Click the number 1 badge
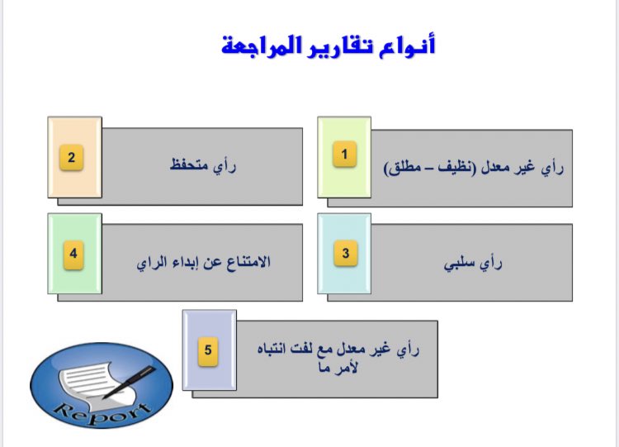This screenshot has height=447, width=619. (x=344, y=155)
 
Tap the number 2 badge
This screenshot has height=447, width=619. (x=73, y=158)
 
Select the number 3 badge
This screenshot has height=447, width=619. (x=345, y=254)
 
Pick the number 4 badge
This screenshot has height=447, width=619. (x=73, y=254)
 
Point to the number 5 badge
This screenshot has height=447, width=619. (x=208, y=350)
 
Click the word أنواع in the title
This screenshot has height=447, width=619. (x=410, y=46)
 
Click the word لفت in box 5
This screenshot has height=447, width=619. (x=317, y=350)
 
